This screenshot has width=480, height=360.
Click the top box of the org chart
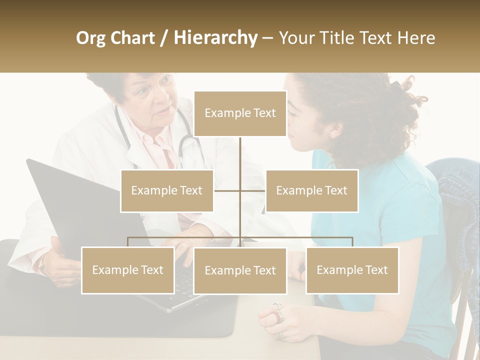(x=240, y=113)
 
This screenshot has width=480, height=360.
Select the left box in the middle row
(x=167, y=190)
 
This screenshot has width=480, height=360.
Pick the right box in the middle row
(x=311, y=190)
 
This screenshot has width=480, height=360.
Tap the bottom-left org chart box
(x=128, y=270)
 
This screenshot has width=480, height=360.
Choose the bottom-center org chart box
(x=240, y=270)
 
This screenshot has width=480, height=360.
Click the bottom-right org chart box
(x=352, y=270)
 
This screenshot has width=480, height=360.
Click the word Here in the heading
(x=416, y=38)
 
